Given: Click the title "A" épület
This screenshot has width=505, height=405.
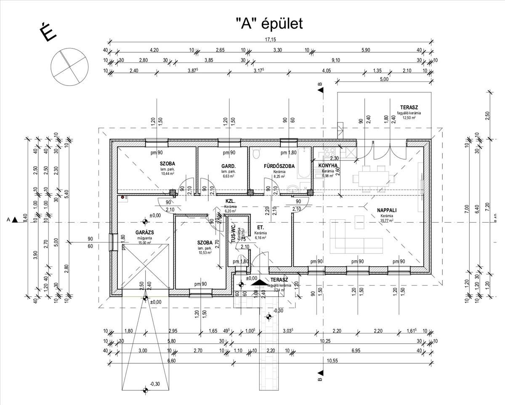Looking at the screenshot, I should click(x=269, y=24).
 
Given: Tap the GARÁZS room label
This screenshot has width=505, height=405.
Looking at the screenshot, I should click(x=144, y=232).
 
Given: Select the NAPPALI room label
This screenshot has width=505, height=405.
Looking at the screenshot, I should click(x=387, y=210).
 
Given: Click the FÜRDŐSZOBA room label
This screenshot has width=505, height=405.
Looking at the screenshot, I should click(x=279, y=166).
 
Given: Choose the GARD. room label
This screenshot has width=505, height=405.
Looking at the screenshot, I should click(x=228, y=166).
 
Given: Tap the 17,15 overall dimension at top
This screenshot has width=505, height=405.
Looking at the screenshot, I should click(x=270, y=40).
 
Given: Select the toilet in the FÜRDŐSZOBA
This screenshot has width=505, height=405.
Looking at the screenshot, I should click(x=255, y=155).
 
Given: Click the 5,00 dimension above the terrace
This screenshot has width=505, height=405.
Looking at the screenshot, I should click(x=384, y=79).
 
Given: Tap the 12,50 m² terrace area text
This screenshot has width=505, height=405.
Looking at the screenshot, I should click(x=409, y=118).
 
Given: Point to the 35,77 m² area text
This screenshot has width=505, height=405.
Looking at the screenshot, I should click(x=387, y=220).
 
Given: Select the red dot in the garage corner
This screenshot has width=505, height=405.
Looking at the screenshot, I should click(x=123, y=197).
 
